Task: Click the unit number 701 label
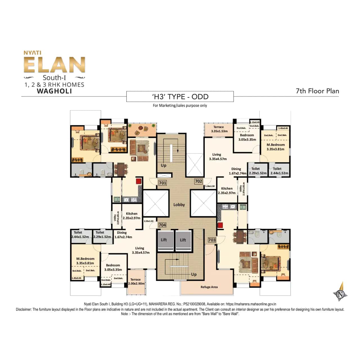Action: pos(163,183)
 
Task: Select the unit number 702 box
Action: pos(199,181)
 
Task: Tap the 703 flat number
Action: pos(212,240)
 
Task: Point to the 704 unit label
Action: pos(162,225)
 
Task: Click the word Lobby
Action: pos(179,205)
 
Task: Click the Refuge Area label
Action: pos(209,287)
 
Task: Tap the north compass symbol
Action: pos(341,294)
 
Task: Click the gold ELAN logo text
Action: pos(55,65)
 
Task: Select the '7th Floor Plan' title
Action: pos(317,91)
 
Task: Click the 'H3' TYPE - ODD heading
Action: pos(180,97)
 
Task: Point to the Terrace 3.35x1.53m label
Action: pos(219,129)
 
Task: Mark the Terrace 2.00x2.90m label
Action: pos(136,282)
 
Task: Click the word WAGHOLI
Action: pos(55,91)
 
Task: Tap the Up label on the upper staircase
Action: pos(163,165)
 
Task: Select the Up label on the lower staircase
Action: pos(194,274)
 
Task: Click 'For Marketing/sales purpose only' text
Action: pos(180,105)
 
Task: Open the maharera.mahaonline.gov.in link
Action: pos(251,304)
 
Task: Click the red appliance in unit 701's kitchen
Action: pos(139,181)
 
